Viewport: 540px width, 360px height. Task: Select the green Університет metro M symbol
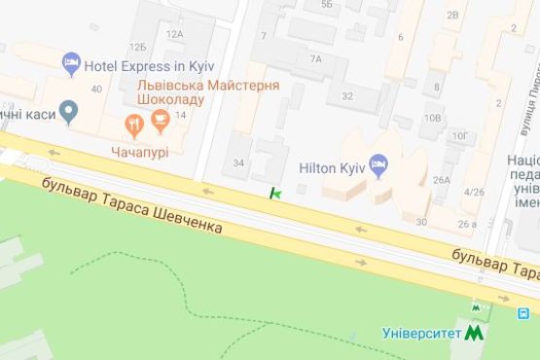pos(475,332)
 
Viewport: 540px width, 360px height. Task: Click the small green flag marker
pos(276,195)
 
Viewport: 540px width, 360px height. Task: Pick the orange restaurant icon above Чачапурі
pos(134,124)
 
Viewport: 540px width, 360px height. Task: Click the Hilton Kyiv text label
pos(333,167)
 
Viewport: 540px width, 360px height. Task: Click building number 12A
pos(174,33)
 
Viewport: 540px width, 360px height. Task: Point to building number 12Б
pos(138,47)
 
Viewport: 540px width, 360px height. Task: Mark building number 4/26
pos(474,191)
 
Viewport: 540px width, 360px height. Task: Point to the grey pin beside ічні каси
pos(67,113)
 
